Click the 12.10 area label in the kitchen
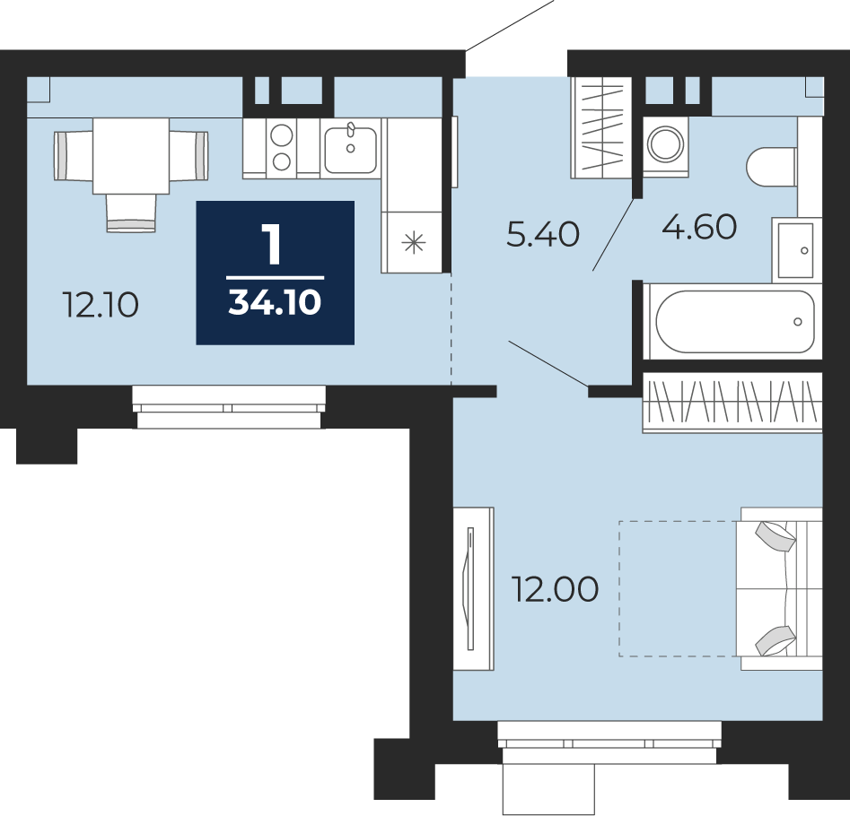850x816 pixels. click(x=101, y=304)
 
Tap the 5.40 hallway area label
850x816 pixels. click(x=543, y=235)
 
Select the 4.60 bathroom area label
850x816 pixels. click(x=699, y=226)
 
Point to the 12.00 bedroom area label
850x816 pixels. click(x=556, y=589)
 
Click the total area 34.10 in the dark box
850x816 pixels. click(x=275, y=301)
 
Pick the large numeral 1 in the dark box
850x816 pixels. click(x=272, y=245)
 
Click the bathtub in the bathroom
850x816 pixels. click(x=734, y=322)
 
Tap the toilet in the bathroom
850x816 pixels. click(x=772, y=166)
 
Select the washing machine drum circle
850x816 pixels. click(x=666, y=144)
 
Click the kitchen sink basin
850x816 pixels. click(x=350, y=150)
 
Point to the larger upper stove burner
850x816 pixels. click(x=282, y=135)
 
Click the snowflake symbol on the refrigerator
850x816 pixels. click(x=413, y=243)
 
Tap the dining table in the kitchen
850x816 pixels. click(x=131, y=156)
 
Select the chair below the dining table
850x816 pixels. click(x=131, y=213)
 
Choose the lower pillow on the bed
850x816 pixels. click(x=776, y=640)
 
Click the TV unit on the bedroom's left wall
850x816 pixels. click(x=473, y=588)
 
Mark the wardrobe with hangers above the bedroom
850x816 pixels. click(x=732, y=403)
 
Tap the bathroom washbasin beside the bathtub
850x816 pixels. click(x=796, y=250)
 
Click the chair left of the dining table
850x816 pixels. click(x=74, y=156)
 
